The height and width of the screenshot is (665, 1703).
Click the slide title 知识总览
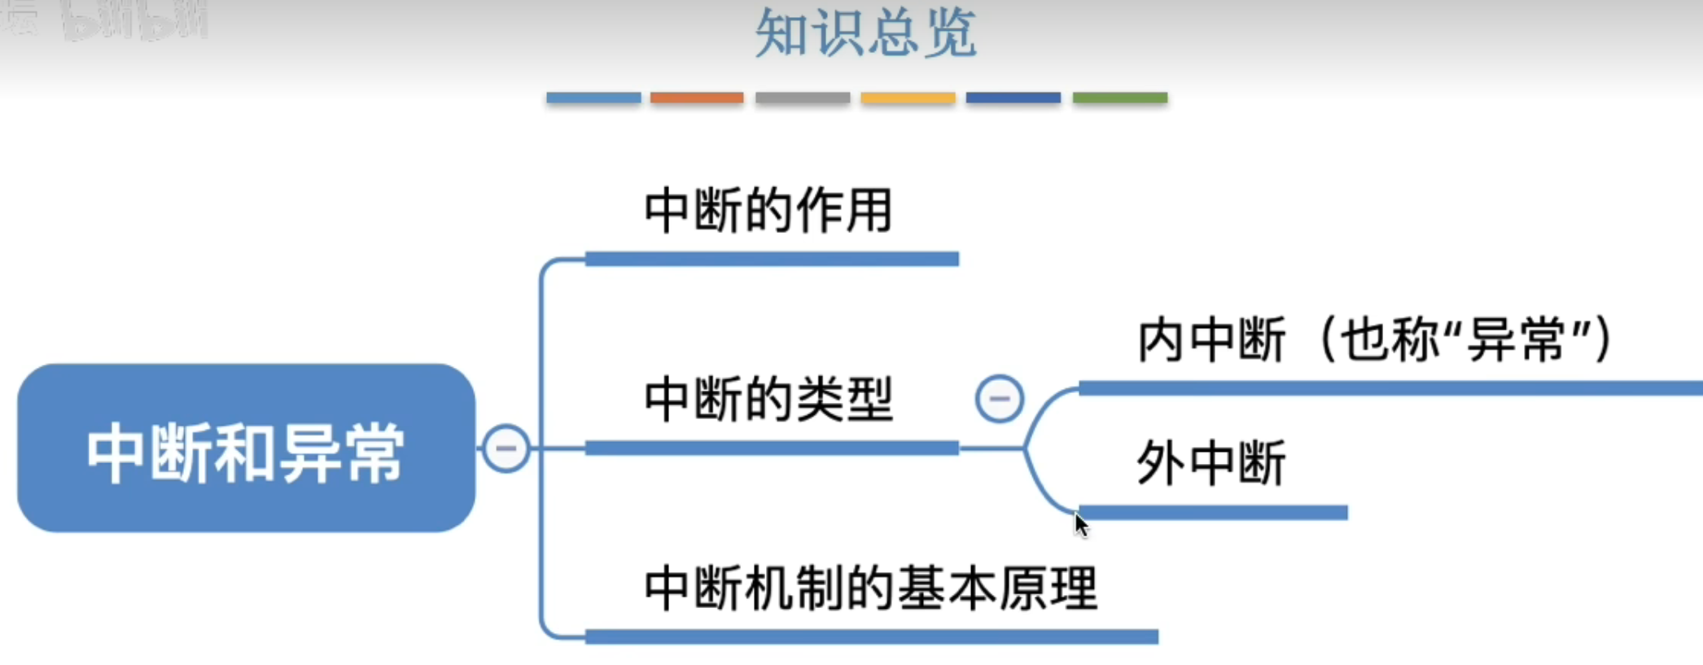click(865, 34)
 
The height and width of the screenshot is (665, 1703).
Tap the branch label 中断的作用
click(768, 211)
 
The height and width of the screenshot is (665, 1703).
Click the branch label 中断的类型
click(768, 400)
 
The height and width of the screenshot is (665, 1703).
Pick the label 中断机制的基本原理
click(870, 588)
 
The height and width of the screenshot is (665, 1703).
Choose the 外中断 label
click(1210, 463)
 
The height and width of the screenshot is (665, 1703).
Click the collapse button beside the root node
click(506, 448)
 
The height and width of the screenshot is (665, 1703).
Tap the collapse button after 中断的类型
click(999, 399)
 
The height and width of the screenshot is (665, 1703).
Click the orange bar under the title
click(697, 98)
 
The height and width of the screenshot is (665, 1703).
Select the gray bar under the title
click(803, 98)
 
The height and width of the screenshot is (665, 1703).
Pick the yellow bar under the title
click(908, 98)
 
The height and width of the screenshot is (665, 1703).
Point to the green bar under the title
click(1119, 98)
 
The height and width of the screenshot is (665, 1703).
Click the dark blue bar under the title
click(1013, 98)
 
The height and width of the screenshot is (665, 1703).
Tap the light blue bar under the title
click(593, 98)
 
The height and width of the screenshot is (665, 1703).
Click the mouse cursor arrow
click(1080, 526)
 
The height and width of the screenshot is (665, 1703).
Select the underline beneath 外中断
click(1213, 512)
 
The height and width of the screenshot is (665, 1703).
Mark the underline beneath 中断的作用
click(772, 259)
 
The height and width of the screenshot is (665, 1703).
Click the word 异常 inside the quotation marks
click(1516, 339)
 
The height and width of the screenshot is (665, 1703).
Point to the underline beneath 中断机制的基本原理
click(871, 637)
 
